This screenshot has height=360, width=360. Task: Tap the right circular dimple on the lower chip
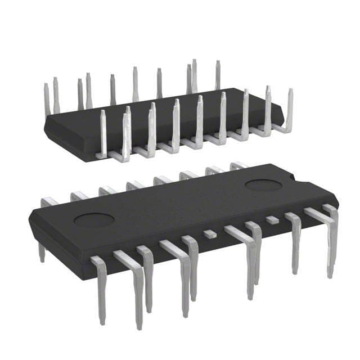(263, 186)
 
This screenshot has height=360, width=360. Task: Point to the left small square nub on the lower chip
(209, 232)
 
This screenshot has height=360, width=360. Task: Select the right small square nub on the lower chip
(272, 219)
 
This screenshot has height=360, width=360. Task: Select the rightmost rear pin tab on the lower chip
(238, 165)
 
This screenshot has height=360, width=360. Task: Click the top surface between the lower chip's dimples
(180, 202)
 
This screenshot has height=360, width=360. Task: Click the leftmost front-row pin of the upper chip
(103, 132)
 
